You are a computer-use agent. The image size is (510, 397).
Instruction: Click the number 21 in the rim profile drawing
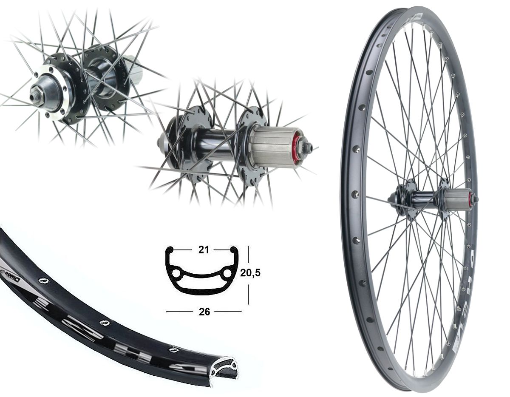click(x=204, y=250)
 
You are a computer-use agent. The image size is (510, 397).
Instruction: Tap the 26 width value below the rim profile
click(x=204, y=312)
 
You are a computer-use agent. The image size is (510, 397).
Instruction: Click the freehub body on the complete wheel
click(x=458, y=199)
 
